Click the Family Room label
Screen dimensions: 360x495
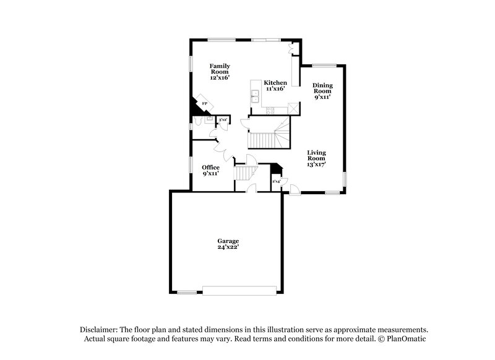pos(219,71)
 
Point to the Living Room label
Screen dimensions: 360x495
pos(316,158)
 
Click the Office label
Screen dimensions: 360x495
pos(211,170)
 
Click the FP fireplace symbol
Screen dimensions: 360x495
pos(205,104)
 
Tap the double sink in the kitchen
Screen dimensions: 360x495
pos(255,96)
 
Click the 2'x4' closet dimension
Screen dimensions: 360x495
pos(276,181)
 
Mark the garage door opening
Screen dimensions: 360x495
pos(239,290)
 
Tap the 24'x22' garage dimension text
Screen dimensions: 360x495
pos(228,249)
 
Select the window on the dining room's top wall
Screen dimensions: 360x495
pos(324,65)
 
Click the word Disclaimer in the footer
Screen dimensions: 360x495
pos(99,330)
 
